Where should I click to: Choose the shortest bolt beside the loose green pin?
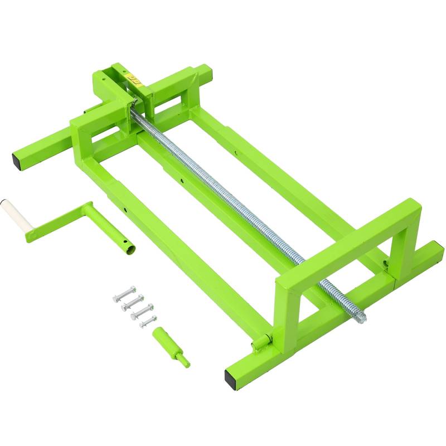click(148, 321)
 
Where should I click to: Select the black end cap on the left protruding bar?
click(18, 162)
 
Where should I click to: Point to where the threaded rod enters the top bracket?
click(134, 105)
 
